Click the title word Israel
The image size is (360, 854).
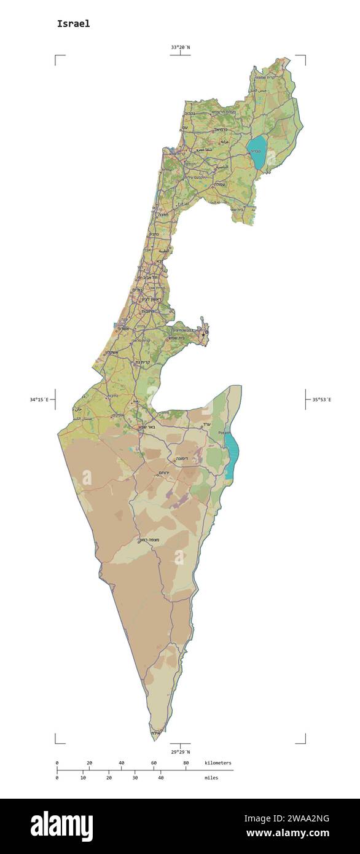point(73,23)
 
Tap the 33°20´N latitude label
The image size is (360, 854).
point(180,47)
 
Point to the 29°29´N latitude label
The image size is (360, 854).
point(180,751)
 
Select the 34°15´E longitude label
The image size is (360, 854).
point(39,400)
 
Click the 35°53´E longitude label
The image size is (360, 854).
point(321,400)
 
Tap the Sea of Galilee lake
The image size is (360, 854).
point(257,151)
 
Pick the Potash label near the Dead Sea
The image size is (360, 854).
point(224,433)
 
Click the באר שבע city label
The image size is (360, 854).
point(163,426)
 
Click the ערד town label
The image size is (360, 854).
point(206,424)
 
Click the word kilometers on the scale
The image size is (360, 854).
point(218,763)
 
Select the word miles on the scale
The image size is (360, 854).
point(211,778)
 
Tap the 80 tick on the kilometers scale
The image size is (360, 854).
point(186,763)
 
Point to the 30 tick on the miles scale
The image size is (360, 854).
point(135,778)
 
